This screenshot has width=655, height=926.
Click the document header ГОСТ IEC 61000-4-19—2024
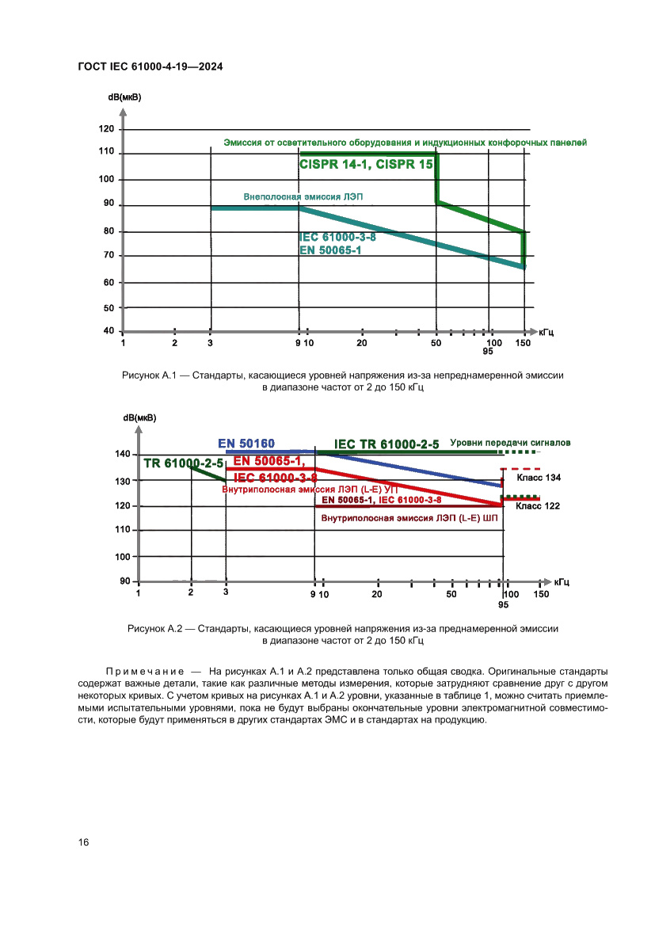pyautogui.click(x=150, y=67)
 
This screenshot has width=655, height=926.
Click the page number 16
pyautogui.click(x=83, y=842)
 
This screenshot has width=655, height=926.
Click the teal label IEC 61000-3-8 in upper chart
pyautogui.click(x=337, y=237)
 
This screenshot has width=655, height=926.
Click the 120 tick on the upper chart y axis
pyautogui.click(x=108, y=128)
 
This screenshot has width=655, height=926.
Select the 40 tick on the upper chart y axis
pyautogui.click(x=109, y=330)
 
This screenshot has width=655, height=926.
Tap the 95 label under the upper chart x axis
pyautogui.click(x=488, y=352)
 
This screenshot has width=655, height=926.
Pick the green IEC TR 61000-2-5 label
pyautogui.click(x=387, y=444)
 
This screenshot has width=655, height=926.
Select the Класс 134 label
pyautogui.click(x=539, y=478)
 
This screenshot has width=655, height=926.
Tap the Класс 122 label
pyautogui.click(x=539, y=505)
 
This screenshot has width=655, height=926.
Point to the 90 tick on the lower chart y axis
pyautogui.click(x=124, y=581)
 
